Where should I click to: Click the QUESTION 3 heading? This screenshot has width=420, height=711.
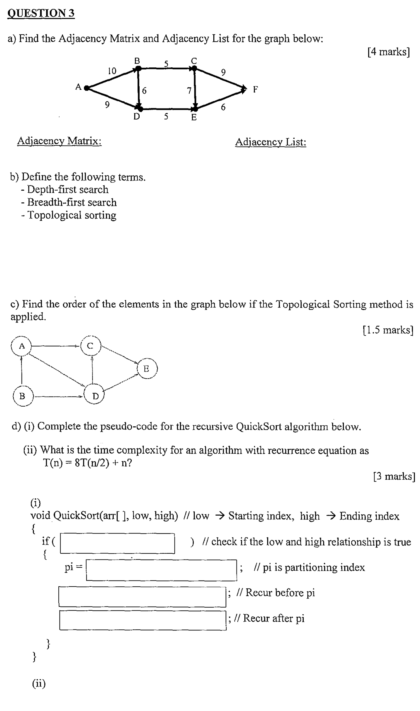tap(41, 13)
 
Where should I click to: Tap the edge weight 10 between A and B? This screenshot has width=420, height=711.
tap(112, 71)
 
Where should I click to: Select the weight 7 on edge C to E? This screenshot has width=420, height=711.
tap(189, 90)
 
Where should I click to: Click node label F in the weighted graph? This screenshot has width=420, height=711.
tap(255, 89)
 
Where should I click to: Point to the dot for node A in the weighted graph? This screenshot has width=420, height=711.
tap(87, 88)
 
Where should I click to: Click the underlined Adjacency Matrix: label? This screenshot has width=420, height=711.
tap(59, 141)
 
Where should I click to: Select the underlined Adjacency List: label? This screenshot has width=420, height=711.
tap(271, 142)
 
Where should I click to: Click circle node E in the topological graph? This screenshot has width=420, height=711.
tap(147, 369)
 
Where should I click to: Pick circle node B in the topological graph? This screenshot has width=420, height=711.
tap(22, 396)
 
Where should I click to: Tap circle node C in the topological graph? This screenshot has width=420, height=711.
tap(90, 346)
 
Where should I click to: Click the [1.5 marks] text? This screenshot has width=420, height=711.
tap(388, 330)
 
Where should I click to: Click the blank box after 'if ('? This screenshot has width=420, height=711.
tap(118, 543)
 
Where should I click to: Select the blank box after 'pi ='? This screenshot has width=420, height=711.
tap(161, 570)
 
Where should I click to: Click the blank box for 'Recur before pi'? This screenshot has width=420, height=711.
tap(142, 597)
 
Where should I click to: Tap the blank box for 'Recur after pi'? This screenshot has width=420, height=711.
tap(143, 620)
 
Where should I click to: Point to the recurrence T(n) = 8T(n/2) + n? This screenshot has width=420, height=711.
tap(87, 463)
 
